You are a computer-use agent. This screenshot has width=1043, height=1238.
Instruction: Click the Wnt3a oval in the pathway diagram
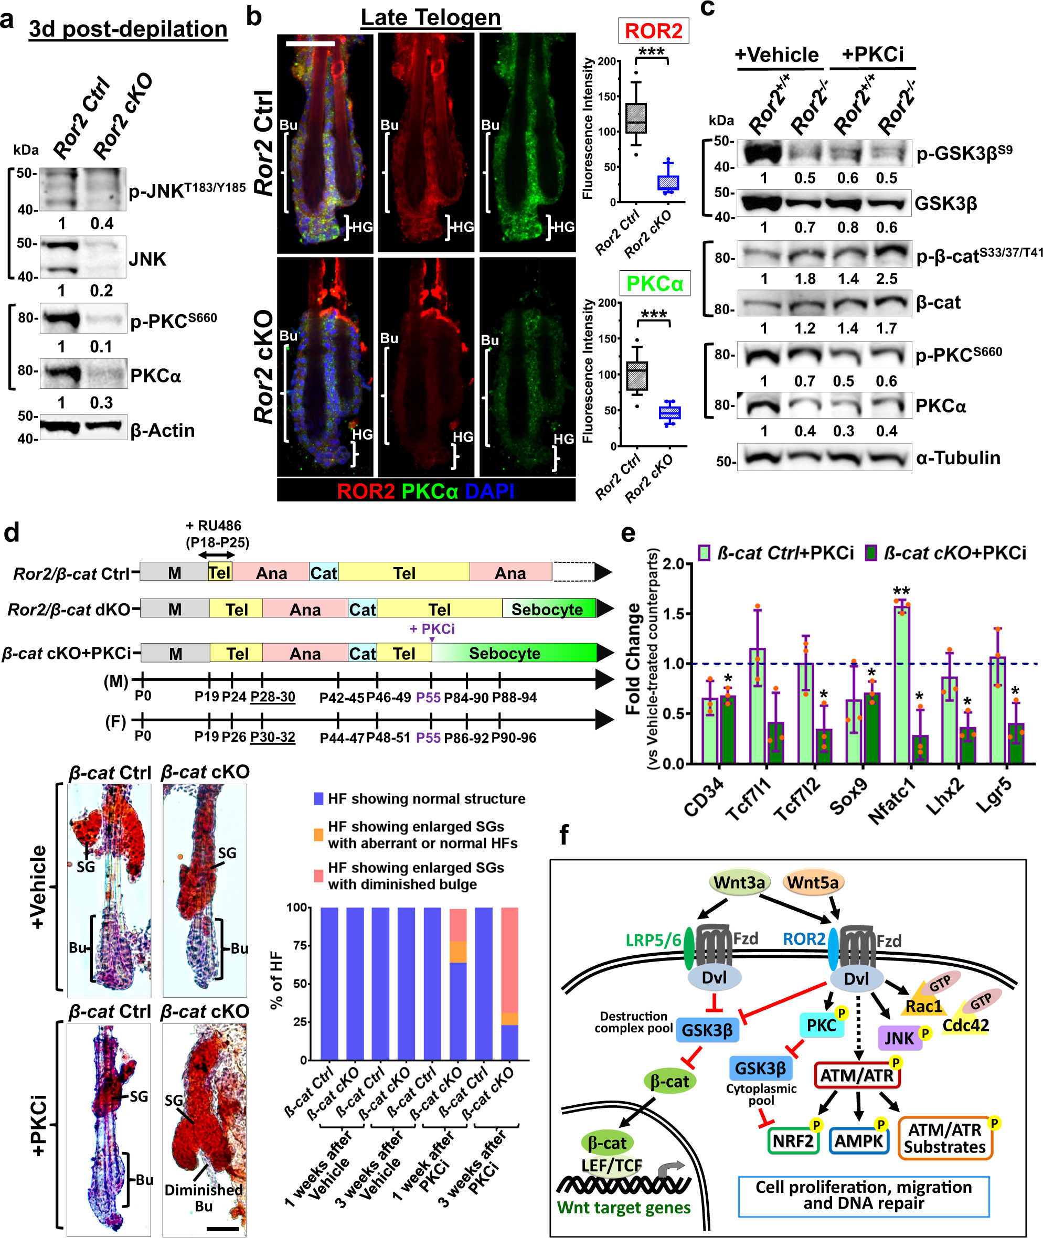(x=739, y=882)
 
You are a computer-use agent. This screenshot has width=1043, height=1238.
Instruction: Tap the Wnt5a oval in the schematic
(x=812, y=882)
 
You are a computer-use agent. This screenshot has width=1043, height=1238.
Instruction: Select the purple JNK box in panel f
(x=900, y=1038)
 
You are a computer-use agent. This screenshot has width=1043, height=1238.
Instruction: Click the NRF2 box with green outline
(x=793, y=1140)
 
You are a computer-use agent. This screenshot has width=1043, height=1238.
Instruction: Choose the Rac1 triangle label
(x=923, y=1006)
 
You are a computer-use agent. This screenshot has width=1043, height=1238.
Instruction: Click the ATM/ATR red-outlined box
(x=857, y=1075)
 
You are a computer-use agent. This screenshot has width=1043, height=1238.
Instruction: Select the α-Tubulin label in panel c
(x=958, y=457)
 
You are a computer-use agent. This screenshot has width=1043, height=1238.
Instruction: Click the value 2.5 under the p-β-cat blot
(x=886, y=279)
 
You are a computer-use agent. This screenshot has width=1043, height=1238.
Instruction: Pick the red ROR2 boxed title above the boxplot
(x=653, y=31)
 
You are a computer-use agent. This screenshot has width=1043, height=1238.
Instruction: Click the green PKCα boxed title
(x=655, y=284)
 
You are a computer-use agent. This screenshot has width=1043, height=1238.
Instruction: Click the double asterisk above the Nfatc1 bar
(x=901, y=591)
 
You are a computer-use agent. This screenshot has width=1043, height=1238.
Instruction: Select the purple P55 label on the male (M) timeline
(x=428, y=698)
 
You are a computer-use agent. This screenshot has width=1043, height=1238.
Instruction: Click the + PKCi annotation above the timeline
(x=432, y=628)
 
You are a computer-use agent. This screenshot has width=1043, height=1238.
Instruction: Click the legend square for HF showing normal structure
(x=318, y=799)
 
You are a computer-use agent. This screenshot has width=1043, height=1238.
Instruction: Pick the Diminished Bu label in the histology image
(x=204, y=1198)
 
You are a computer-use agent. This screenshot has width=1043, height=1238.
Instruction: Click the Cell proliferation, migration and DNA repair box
(x=863, y=1195)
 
